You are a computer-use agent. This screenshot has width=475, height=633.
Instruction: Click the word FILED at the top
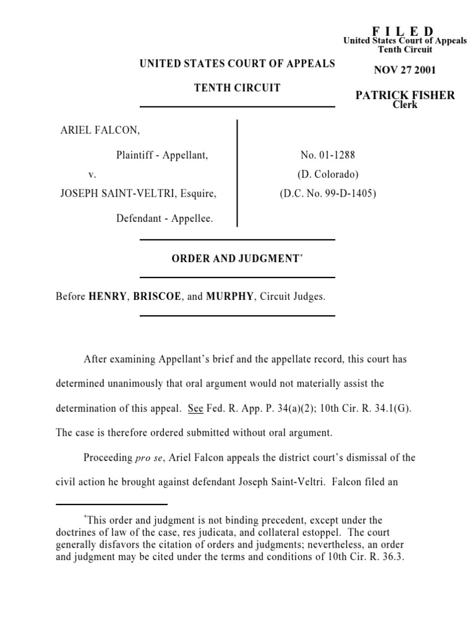click(x=403, y=32)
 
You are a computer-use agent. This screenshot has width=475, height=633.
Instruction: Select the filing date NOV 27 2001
click(x=404, y=70)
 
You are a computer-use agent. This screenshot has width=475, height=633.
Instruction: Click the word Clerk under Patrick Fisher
click(x=405, y=104)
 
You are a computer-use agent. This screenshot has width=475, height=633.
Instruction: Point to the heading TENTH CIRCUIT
click(x=237, y=88)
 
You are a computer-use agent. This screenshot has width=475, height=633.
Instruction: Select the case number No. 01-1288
click(x=328, y=155)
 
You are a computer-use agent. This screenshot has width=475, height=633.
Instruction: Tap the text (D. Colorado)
click(x=328, y=174)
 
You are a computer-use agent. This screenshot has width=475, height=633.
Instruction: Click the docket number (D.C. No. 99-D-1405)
click(x=328, y=193)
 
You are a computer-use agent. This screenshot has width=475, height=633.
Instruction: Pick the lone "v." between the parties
click(x=92, y=175)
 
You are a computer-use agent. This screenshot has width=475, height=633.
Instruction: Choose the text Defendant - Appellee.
click(x=165, y=218)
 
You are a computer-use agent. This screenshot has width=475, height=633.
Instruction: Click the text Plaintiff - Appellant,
click(x=162, y=155)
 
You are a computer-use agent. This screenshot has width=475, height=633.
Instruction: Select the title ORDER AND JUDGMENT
click(x=235, y=259)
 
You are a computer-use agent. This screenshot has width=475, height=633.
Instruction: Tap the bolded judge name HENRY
click(x=108, y=296)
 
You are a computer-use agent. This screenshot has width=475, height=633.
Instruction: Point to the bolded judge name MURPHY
click(x=229, y=296)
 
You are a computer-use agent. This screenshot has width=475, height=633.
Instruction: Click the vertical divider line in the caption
click(x=237, y=174)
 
